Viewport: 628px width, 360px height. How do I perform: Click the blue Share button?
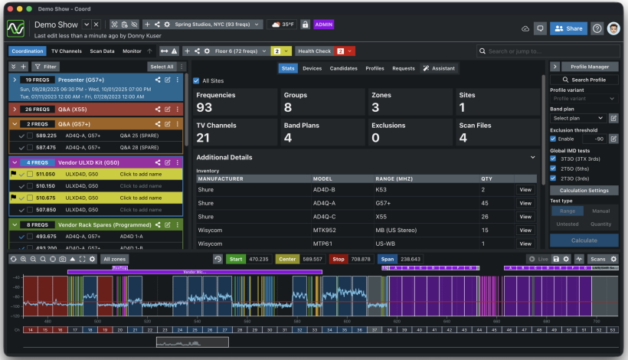(568, 28)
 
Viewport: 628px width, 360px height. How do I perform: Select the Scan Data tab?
(102, 51)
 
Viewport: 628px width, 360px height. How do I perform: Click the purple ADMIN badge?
(323, 25)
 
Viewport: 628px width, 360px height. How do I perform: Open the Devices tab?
(312, 68)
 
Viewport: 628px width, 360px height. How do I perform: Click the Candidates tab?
(342, 68)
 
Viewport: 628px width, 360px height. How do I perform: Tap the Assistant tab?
(439, 68)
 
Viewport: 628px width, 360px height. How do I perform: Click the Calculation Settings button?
(584, 190)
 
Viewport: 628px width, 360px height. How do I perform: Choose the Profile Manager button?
(590, 67)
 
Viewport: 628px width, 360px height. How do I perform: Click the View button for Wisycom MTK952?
(525, 229)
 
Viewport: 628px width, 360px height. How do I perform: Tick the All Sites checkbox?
(197, 80)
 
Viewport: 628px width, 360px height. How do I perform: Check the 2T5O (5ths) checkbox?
(554, 169)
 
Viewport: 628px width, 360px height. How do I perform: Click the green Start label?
(235, 260)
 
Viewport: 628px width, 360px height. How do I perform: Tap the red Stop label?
(338, 260)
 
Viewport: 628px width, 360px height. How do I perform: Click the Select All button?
(161, 67)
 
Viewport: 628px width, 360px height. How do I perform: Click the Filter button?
(45, 67)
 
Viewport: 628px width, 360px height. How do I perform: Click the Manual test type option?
(600, 211)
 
